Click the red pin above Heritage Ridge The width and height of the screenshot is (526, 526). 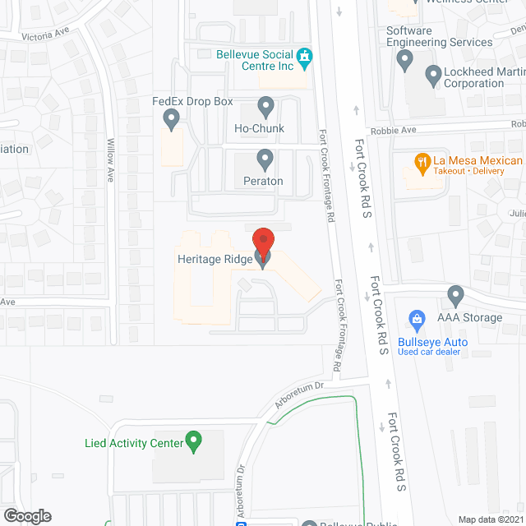[x=262, y=241]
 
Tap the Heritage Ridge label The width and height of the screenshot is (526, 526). [x=215, y=259]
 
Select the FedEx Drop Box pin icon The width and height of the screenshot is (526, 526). [x=172, y=120]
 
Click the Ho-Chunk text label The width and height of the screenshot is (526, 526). [x=259, y=128]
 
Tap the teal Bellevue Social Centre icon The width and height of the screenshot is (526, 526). [x=305, y=58]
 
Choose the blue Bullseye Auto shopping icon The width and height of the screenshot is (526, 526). [x=417, y=318]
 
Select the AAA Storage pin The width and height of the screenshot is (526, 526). [x=456, y=295]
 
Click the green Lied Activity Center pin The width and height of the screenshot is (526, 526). [x=194, y=442]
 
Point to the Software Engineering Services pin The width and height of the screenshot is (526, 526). [x=404, y=59]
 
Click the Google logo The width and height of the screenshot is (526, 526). [x=27, y=515]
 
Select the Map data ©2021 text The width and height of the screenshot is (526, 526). [x=488, y=519]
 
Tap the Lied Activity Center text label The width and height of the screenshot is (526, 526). [x=133, y=443]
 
